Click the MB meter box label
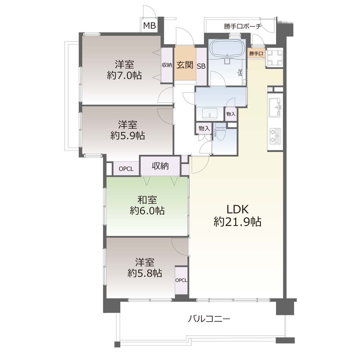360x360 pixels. click(x=149, y=25)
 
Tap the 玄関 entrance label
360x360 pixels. click(x=185, y=65)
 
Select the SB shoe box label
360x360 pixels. click(x=201, y=66)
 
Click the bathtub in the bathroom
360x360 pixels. click(x=227, y=49)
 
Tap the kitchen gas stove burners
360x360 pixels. click(x=275, y=136)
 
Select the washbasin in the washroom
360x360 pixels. click(x=210, y=114)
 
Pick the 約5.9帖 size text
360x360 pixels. click(x=128, y=136)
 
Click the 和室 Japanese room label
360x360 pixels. click(x=147, y=200)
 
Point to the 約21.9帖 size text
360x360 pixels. click(x=237, y=222)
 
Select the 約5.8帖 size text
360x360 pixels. click(x=145, y=273)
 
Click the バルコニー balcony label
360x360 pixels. click(x=209, y=319)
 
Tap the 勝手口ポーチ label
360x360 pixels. click(x=243, y=26)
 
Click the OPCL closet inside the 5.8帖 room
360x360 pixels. click(x=181, y=280)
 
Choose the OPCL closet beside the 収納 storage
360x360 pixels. click(x=126, y=169)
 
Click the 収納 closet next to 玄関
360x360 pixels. click(x=167, y=65)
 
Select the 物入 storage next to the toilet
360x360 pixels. click(x=204, y=128)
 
